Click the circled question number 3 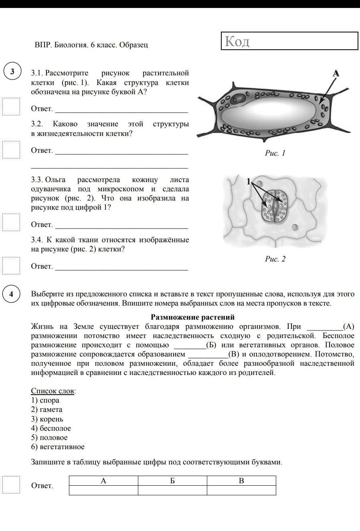(12, 71)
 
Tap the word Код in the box (237, 41)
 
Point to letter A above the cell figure (336, 73)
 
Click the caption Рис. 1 (275, 153)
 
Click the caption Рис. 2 (275, 259)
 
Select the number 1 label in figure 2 (249, 181)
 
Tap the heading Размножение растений (192, 317)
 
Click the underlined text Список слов (53, 391)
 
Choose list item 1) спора (45, 400)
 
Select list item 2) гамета (47, 409)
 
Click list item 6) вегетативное (58, 447)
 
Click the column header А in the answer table (103, 481)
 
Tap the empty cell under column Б (172, 490)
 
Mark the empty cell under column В (241, 490)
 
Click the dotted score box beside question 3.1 (11, 106)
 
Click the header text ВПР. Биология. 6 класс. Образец (91, 45)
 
